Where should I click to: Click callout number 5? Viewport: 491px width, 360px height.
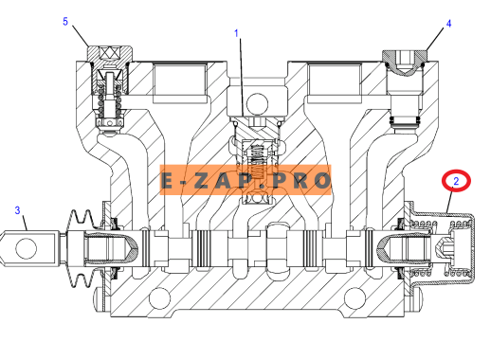tap(65, 22)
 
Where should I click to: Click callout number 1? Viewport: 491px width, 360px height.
tap(236, 33)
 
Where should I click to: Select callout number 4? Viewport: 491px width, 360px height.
tap(448, 24)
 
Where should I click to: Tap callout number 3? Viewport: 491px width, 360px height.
tap(17, 210)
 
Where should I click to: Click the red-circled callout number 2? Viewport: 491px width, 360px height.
tap(456, 181)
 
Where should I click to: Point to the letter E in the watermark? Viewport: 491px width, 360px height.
tap(167, 181)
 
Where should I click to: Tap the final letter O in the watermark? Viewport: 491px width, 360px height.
tap(322, 181)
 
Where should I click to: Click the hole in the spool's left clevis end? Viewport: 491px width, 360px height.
tap(27, 248)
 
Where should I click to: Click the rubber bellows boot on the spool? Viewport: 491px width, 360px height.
tap(82, 248)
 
